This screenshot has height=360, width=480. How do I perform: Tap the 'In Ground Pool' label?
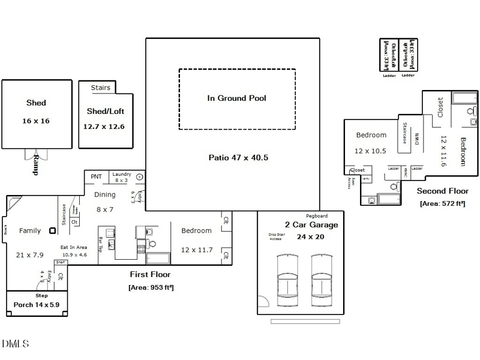236,98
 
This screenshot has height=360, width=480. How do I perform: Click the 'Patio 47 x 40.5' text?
238,158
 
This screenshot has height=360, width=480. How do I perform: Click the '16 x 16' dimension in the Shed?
35,121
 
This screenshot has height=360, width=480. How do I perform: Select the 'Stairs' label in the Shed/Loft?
100,88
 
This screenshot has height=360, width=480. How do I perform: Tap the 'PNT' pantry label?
96,176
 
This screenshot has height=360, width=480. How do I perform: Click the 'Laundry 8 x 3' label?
121,177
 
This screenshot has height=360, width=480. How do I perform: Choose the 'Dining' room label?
104,194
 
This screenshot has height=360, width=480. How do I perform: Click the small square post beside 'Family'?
53,230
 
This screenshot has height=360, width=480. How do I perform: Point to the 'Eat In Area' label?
73,247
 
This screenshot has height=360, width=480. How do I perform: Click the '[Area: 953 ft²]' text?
151,287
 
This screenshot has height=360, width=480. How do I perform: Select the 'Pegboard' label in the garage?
316,215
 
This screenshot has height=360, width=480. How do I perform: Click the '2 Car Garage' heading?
311,225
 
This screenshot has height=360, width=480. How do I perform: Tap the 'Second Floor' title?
442,191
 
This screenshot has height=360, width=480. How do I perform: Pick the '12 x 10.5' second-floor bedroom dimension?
370,151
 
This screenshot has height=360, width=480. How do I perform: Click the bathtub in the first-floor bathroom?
158,259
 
